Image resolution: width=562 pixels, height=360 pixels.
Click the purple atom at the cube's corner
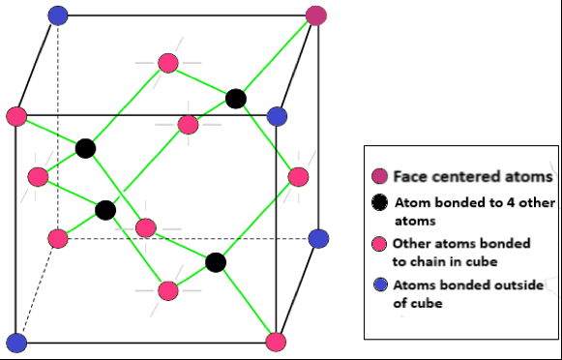[316, 15]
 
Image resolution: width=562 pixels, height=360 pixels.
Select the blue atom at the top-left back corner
[57, 15]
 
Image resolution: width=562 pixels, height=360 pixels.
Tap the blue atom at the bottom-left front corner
[16, 342]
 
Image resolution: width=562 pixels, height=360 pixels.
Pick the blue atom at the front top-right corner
[278, 117]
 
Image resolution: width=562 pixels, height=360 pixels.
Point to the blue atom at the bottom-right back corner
[318, 239]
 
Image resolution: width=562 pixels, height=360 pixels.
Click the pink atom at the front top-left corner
[16, 117]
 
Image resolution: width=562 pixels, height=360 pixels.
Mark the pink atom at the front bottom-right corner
[276, 342]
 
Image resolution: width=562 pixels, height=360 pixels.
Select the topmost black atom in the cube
[236, 98]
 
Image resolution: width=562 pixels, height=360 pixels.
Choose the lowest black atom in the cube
[216, 261]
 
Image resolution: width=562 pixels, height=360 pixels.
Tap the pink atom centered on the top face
[167, 64]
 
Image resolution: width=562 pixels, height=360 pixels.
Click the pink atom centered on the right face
[298, 177]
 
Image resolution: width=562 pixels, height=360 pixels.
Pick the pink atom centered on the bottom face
[168, 290]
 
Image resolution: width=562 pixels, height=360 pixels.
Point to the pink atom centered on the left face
[38, 177]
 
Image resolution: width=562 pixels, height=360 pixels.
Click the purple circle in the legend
[379, 176]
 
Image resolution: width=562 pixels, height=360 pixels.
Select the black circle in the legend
[379, 203]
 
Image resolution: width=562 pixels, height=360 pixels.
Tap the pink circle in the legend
[379, 243]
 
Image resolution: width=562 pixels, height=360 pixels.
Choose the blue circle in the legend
[379, 285]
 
